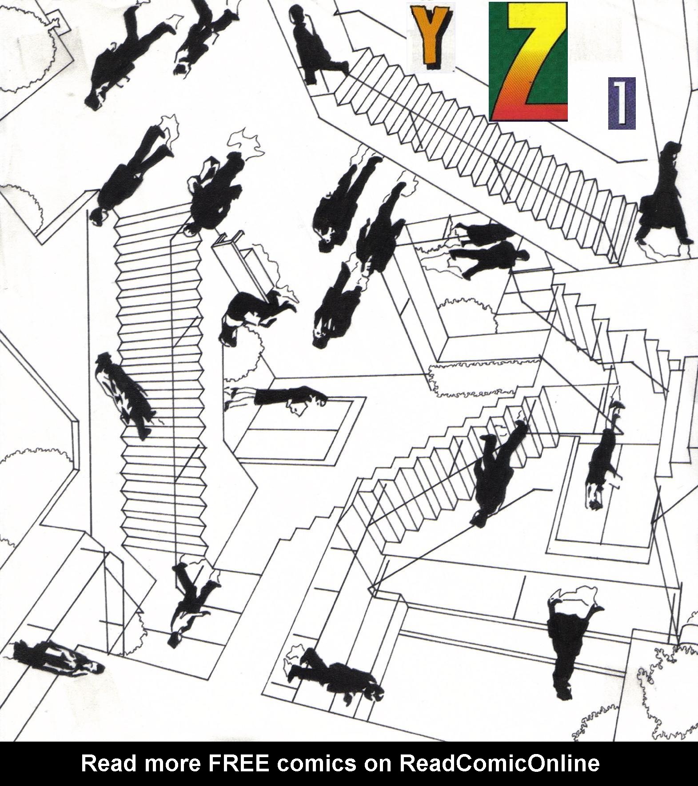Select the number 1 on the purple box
pyautogui.click(x=621, y=103)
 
